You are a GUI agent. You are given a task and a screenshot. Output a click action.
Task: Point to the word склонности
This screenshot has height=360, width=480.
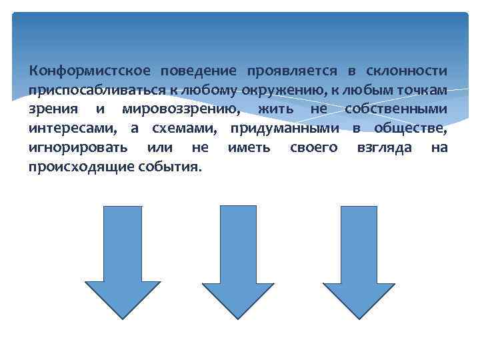coord(406,71)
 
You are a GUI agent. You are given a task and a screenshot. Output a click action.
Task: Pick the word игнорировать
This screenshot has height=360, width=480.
coord(75,147)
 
